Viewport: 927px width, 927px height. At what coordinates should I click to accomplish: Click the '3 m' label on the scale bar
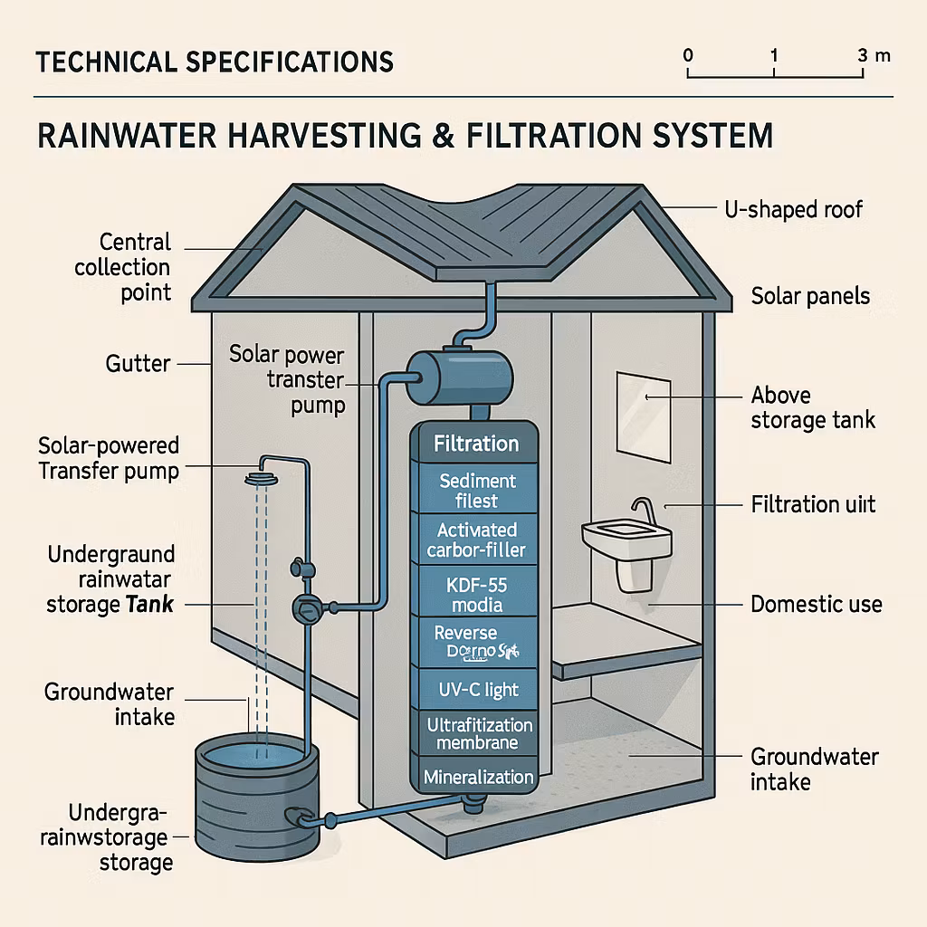pyautogui.click(x=873, y=55)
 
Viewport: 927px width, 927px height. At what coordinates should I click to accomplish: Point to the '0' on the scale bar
pyautogui.click(x=688, y=55)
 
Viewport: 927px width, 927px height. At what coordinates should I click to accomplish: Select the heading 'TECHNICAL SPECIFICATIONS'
pyautogui.click(x=215, y=62)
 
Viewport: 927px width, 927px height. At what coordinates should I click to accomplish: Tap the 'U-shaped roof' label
pyautogui.click(x=794, y=210)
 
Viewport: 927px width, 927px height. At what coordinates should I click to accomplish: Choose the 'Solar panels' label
pyautogui.click(x=810, y=296)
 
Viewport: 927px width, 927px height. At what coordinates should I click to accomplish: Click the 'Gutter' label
pyautogui.click(x=138, y=364)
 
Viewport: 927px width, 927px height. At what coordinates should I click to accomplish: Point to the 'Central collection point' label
pyautogui.click(x=122, y=267)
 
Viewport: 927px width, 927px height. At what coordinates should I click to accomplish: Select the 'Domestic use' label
pyautogui.click(x=817, y=604)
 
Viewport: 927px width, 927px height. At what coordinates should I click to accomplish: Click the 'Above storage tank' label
pyautogui.click(x=813, y=407)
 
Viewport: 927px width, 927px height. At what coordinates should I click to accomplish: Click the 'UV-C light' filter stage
pyautogui.click(x=476, y=690)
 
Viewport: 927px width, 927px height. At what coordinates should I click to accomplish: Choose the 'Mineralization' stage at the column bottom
pyautogui.click(x=477, y=777)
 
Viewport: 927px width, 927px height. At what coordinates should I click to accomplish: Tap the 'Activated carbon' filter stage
pyautogui.click(x=476, y=540)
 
